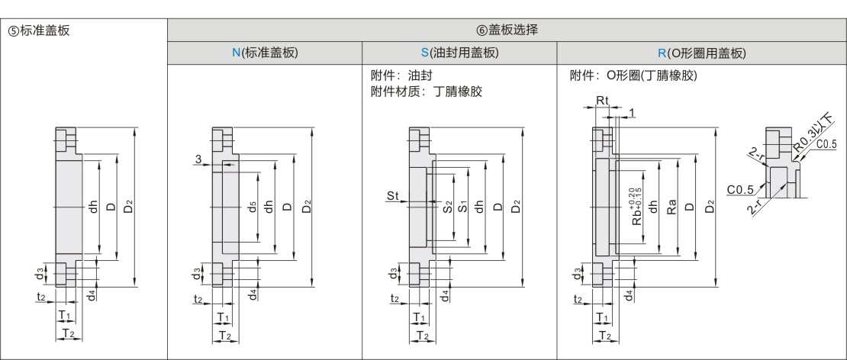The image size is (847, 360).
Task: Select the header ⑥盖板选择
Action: click(507, 31)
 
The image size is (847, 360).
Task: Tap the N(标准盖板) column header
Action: click(265, 53)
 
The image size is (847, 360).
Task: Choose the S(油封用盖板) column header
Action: click(459, 53)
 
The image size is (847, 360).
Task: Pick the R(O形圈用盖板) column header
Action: click(701, 53)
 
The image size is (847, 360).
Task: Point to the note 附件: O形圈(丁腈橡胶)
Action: click(634, 77)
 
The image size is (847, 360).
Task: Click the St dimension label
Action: click(393, 197)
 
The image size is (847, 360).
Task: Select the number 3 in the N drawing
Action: click(198, 159)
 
